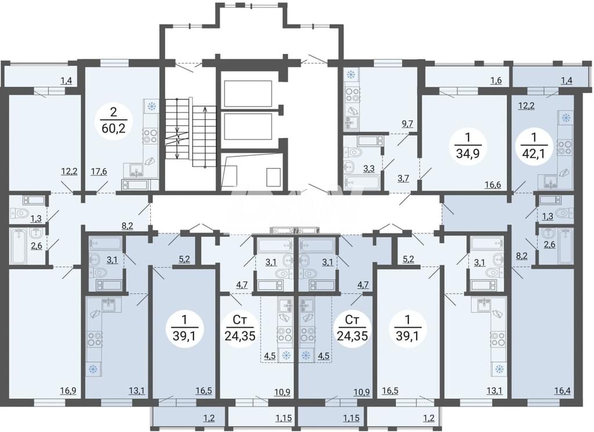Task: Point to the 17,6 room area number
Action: click(x=99, y=172)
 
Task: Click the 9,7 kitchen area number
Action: click(x=407, y=124)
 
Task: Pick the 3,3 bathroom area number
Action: click(x=368, y=169)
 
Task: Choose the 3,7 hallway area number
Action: click(x=403, y=178)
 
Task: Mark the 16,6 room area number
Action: click(x=493, y=185)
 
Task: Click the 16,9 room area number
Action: click(x=68, y=390)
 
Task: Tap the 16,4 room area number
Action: click(x=562, y=390)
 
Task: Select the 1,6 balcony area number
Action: click(x=497, y=80)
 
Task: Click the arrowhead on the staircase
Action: click(x=205, y=109)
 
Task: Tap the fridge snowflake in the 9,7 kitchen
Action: click(x=349, y=75)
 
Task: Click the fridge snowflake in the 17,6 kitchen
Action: click(x=152, y=107)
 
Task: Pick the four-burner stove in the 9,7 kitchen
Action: click(x=352, y=94)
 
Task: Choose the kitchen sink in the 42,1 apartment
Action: click(x=550, y=181)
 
